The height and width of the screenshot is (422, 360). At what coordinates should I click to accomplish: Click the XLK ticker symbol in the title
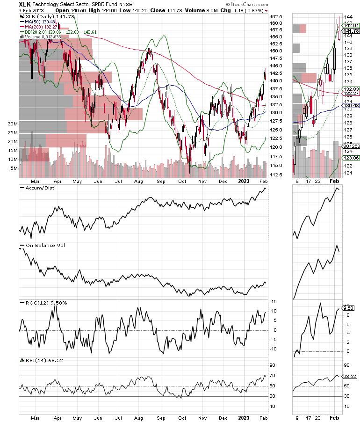tap(25, 4)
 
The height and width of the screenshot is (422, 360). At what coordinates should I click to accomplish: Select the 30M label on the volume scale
tap(13, 124)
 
